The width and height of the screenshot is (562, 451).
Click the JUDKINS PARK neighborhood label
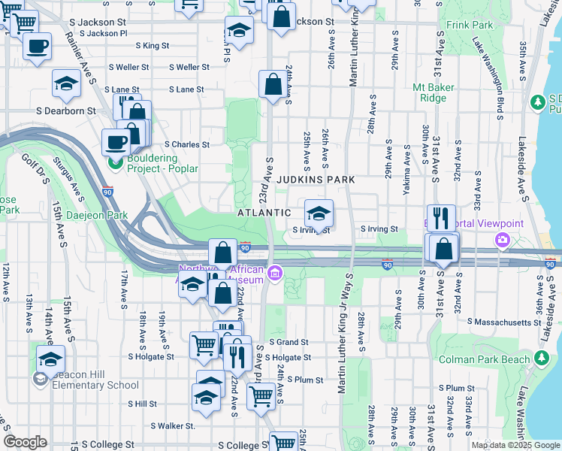tap(315, 180)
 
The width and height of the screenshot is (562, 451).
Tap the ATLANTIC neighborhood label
tap(264, 213)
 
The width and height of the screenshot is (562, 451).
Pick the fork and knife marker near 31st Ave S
tap(441, 218)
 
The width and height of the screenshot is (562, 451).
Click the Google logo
tap(25, 442)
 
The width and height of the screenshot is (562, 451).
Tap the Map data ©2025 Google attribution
tap(515, 445)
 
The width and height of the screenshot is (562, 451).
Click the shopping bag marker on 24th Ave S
tap(272, 84)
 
